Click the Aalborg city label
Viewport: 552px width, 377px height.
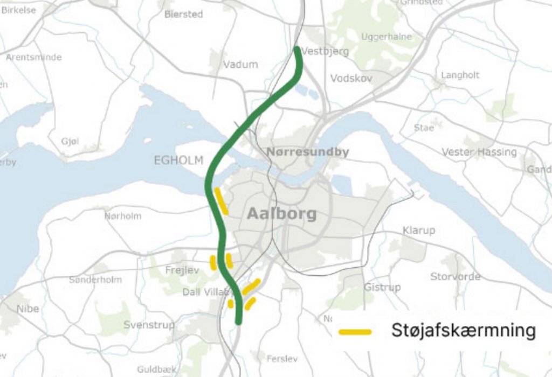tap(281, 214)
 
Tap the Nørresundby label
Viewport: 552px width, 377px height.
tap(308, 152)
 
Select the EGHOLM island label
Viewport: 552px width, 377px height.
tap(178, 160)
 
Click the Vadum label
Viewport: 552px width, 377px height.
tap(240, 64)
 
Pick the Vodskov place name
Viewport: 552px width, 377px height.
tap(351, 78)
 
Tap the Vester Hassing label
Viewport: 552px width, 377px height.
tap(479, 152)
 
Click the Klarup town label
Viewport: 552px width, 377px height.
tap(419, 231)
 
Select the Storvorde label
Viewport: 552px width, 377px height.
tap(455, 277)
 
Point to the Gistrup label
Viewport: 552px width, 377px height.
tap(382, 288)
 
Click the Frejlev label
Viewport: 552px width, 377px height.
tap(182, 270)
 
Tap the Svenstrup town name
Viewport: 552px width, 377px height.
tap(149, 325)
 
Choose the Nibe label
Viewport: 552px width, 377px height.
tap(27, 309)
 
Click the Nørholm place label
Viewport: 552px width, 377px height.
tap(123, 215)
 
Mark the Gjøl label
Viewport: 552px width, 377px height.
tap(70, 141)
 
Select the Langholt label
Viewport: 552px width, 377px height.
tap(460, 75)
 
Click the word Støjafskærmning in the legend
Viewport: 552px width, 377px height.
tap(464, 331)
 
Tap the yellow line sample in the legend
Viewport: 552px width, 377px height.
tap(355, 332)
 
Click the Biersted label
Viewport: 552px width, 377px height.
tap(183, 15)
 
